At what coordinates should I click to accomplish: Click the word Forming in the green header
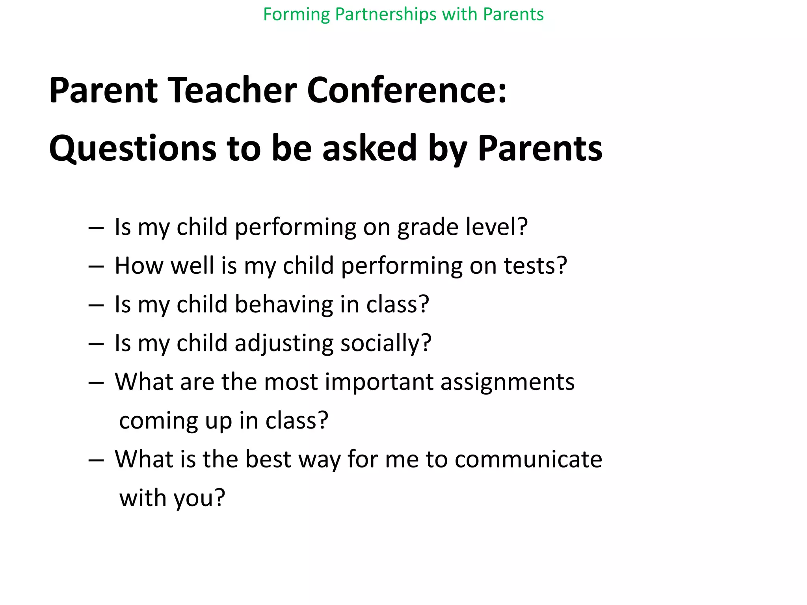point(296,15)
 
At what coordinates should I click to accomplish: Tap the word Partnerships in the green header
point(386,15)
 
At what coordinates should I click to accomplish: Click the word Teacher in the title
point(232,90)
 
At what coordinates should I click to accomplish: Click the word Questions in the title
point(132,149)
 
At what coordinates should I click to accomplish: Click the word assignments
point(508,382)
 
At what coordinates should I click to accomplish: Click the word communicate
point(528,459)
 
